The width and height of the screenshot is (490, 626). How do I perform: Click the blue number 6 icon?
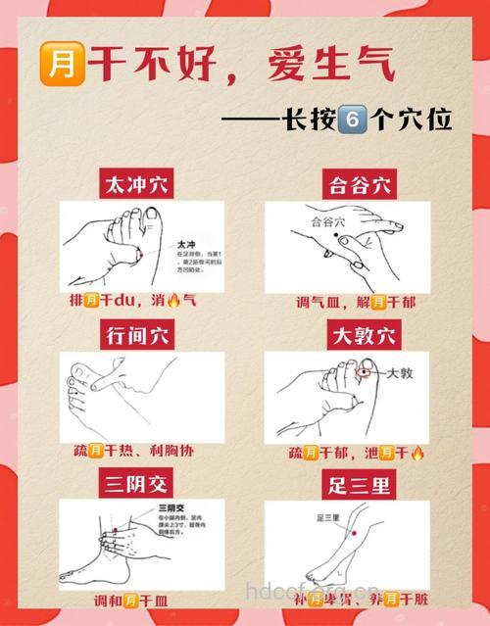tap(351, 120)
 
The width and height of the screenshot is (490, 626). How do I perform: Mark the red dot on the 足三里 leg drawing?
tap(353, 531)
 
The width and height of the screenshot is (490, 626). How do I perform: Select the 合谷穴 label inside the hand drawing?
tap(328, 222)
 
